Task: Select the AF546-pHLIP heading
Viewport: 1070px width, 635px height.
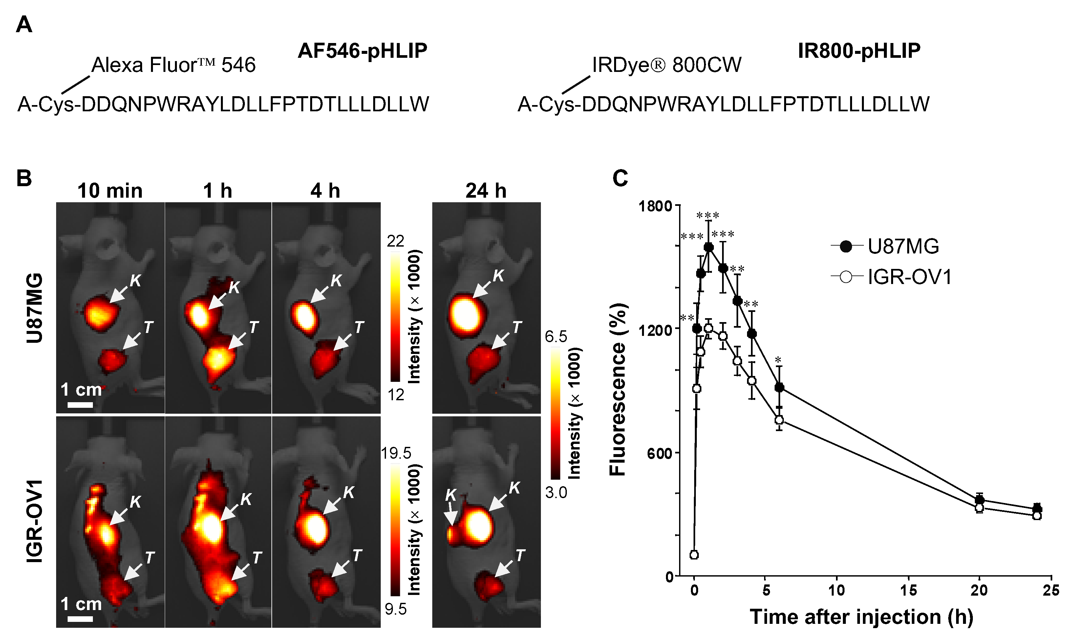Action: coord(362,51)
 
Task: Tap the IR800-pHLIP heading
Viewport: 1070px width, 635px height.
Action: coord(859,51)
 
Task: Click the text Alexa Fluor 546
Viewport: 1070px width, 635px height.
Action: coord(173,65)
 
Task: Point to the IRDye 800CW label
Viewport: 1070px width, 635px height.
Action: coord(666,65)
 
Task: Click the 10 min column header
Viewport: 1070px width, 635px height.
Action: coord(110,190)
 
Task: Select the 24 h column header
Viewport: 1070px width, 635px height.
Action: coord(486,190)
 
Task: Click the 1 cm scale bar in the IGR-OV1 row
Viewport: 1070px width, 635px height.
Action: coord(80,619)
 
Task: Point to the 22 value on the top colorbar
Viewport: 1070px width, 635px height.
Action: coord(395,241)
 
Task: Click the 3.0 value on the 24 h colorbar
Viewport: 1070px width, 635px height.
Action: coord(556,493)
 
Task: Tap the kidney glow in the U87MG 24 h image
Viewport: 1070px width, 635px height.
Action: coord(467,316)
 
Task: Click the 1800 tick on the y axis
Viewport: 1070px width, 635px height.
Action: coord(655,206)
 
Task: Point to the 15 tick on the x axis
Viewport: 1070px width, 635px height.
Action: coord(908,591)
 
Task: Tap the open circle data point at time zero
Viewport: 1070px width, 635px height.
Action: coord(694,555)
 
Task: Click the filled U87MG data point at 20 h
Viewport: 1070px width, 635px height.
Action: coord(979,500)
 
